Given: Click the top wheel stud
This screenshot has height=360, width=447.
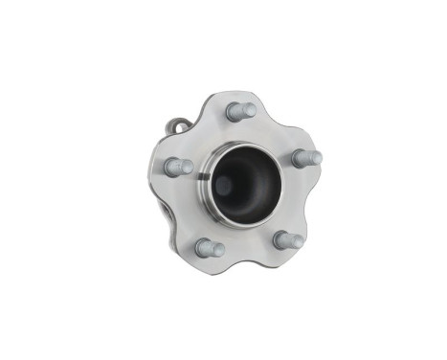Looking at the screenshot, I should coord(240,110).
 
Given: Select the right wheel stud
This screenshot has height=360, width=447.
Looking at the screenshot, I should coord(305,158).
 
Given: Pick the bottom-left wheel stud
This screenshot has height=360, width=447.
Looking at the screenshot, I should coord(210,248).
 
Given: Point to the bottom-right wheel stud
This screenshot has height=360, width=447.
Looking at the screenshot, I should coord(287,240).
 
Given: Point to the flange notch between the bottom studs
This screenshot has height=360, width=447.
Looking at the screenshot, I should coord(250,256).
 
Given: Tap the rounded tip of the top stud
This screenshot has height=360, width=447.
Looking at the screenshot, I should coord(250,109).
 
